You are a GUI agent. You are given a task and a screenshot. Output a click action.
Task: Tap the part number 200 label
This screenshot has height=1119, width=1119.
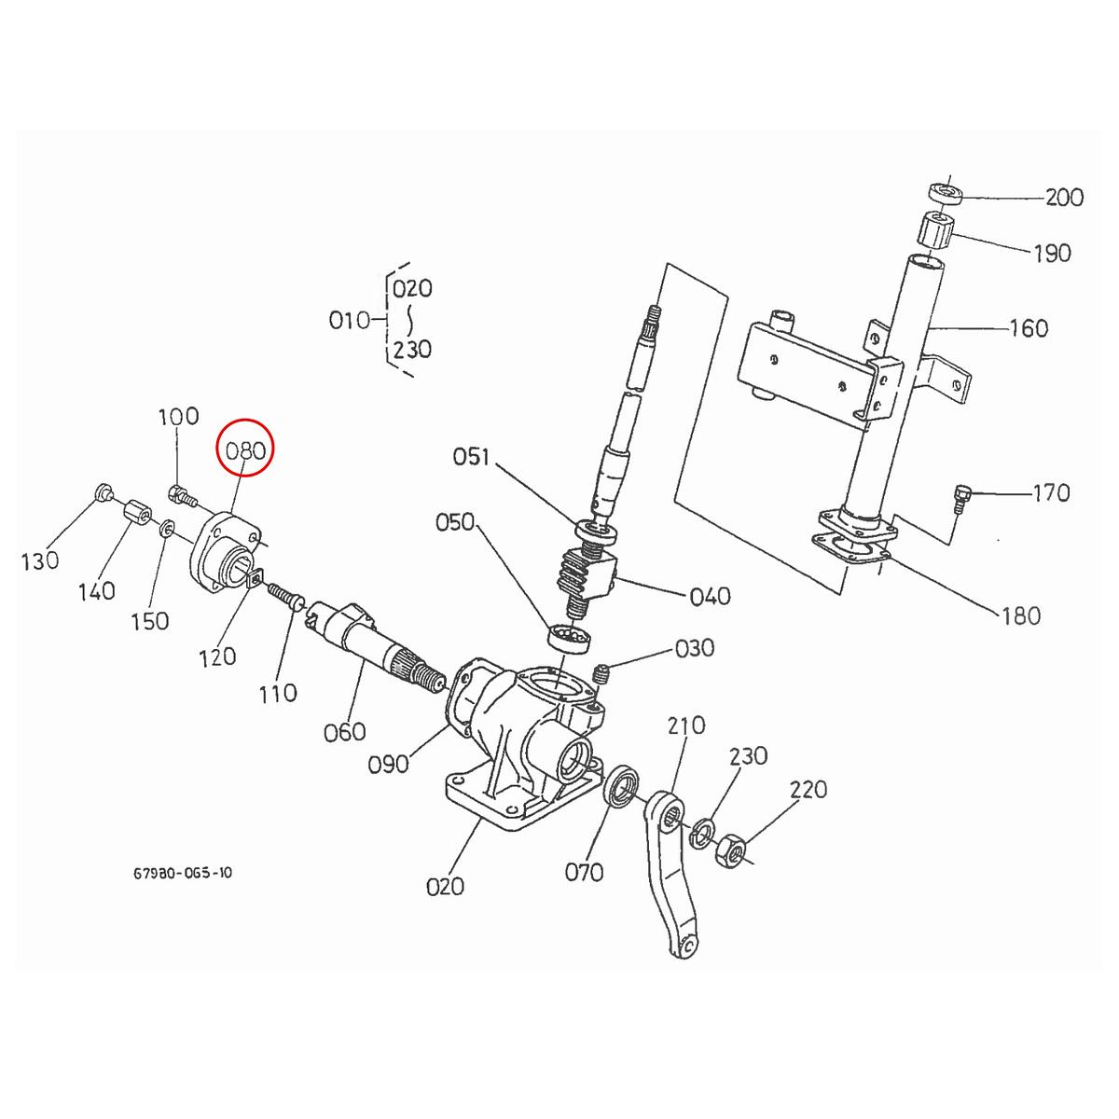pyautogui.click(x=1064, y=198)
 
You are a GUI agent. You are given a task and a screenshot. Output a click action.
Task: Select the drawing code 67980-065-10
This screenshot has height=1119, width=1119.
pyautogui.click(x=183, y=874)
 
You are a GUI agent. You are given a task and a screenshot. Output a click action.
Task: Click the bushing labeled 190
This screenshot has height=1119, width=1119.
pyautogui.click(x=937, y=230)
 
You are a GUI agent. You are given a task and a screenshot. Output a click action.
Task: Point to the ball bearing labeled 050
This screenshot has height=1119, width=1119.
pyautogui.click(x=568, y=639)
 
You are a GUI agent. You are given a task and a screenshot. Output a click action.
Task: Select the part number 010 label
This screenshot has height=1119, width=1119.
pyautogui.click(x=350, y=321)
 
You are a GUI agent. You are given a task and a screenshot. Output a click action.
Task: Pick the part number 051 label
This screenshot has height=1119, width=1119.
pyautogui.click(x=472, y=457)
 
